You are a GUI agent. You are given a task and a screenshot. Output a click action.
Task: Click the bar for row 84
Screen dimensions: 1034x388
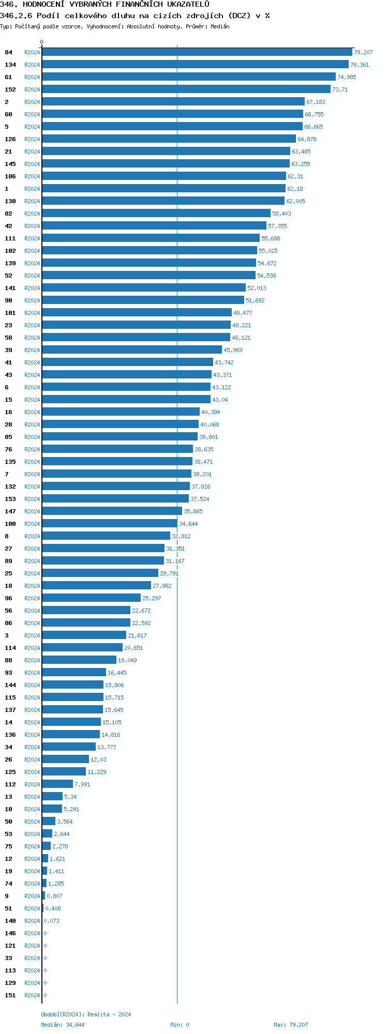tap(197, 52)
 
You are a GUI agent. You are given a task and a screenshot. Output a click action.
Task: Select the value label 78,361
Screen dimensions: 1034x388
tap(360, 65)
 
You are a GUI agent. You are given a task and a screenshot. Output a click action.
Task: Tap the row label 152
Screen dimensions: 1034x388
tap(10, 89)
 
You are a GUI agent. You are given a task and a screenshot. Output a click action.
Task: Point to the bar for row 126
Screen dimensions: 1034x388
tap(169, 139)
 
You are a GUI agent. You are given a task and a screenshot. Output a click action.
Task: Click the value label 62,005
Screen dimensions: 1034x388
tap(295, 201)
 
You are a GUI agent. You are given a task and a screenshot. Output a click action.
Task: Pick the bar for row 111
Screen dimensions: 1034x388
tap(151, 238)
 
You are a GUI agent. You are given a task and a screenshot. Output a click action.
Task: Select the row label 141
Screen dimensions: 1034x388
tap(10, 288)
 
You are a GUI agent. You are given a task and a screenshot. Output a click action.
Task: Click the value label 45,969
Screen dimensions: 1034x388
tap(233, 350)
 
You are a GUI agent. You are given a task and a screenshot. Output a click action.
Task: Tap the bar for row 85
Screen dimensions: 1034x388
tap(120, 437)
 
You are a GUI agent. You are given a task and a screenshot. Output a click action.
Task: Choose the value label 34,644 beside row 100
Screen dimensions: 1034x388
tap(188, 524)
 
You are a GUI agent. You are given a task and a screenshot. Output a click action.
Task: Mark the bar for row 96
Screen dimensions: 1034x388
tap(91, 598)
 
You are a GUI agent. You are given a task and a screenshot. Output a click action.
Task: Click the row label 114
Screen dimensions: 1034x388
tap(10, 648)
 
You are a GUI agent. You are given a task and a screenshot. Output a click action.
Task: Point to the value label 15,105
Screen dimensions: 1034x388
tap(112, 722)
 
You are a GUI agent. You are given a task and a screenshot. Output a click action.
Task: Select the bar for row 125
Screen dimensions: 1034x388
tap(64, 772)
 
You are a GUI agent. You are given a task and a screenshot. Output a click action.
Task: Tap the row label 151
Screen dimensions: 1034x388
tap(10, 995)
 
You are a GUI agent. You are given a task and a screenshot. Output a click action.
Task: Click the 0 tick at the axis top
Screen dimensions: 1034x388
tap(42, 42)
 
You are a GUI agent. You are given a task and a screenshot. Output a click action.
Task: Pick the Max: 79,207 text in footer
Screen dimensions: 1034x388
tap(291, 1025)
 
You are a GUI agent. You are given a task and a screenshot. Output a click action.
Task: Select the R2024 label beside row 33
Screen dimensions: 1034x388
tap(32, 958)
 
